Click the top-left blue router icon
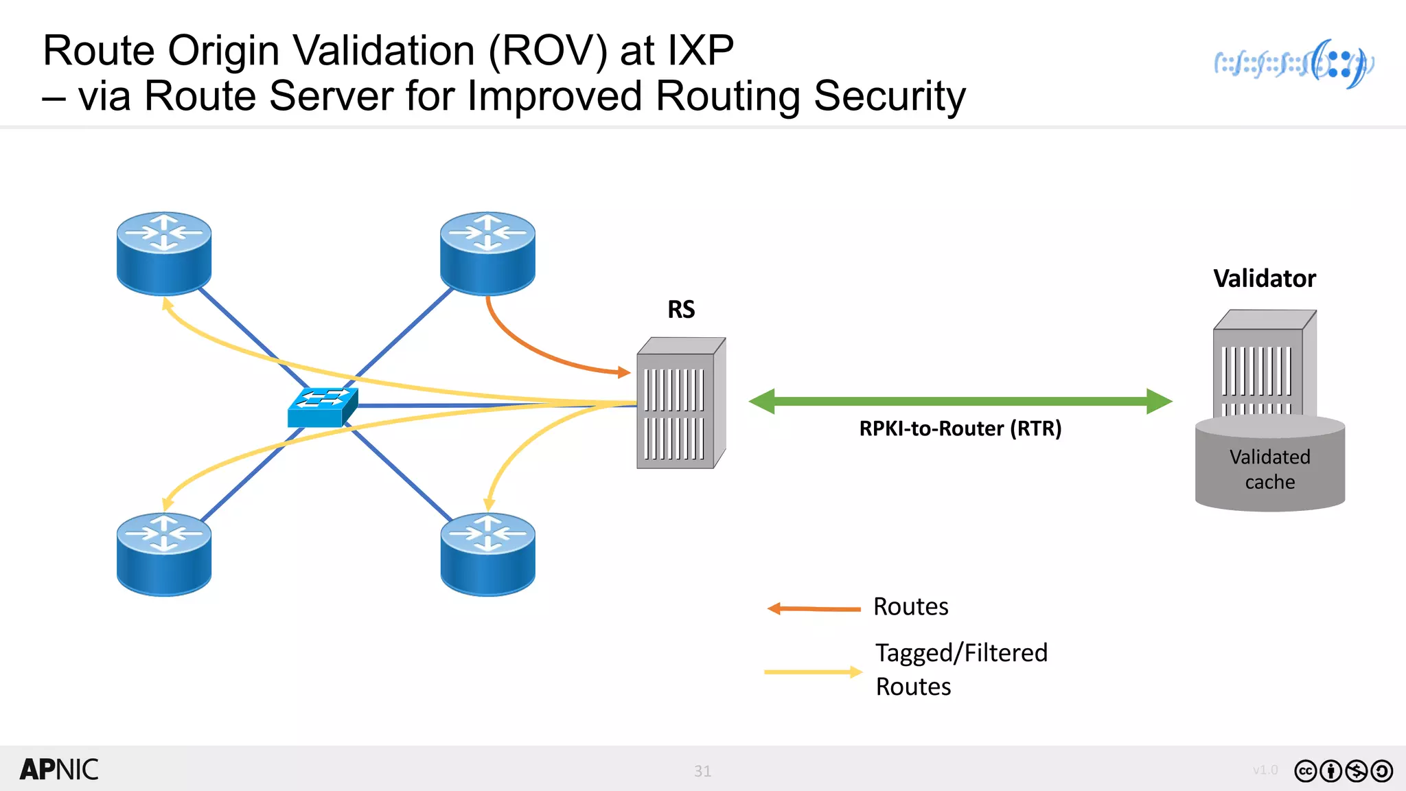point(164,253)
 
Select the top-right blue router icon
point(487,253)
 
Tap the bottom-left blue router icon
point(164,553)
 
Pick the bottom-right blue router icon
point(487,553)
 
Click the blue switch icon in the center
point(322,407)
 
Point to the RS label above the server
point(681,310)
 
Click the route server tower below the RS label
point(680,404)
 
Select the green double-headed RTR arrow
point(960,401)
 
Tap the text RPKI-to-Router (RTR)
point(960,428)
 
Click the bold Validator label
point(1264,279)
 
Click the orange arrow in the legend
point(814,608)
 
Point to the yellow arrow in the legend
point(813,672)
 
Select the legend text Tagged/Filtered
point(961,653)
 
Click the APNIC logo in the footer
point(59,770)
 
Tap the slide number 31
point(702,771)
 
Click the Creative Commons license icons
point(1343,771)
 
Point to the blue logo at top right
point(1293,64)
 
